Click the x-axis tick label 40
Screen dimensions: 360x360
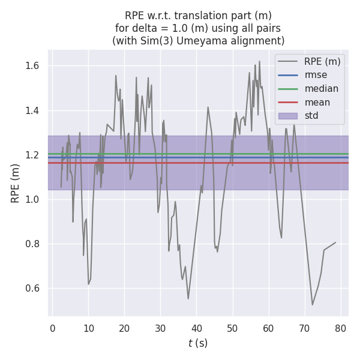click(x=197, y=328)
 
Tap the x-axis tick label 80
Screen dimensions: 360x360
click(x=341, y=328)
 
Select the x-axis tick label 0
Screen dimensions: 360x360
click(x=53, y=328)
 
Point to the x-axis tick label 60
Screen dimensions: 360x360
click(x=269, y=328)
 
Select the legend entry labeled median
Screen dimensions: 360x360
click(x=321, y=89)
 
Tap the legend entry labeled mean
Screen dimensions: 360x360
click(x=317, y=102)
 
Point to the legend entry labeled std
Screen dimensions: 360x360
click(x=311, y=116)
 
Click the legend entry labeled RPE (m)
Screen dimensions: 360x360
click(x=322, y=61)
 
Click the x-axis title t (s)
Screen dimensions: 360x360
click(x=198, y=343)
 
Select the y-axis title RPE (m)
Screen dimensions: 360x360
click(x=16, y=182)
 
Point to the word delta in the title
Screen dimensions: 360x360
click(x=140, y=28)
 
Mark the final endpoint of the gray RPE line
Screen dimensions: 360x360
click(x=335, y=243)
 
